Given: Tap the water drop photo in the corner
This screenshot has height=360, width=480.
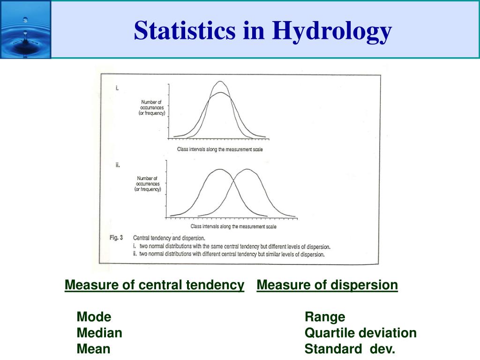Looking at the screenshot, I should (x=25, y=30).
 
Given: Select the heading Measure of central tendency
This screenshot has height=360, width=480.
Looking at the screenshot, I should (x=154, y=285).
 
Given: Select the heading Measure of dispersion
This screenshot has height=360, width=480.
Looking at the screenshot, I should (x=327, y=285).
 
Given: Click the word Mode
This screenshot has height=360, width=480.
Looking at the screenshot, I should (x=94, y=317).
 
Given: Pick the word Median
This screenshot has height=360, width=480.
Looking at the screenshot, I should (x=99, y=333).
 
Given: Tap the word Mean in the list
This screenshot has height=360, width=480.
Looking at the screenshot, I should (x=93, y=349).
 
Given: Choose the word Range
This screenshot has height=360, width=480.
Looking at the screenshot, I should (x=325, y=317).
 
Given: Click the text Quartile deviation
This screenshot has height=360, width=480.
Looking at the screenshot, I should (x=360, y=333).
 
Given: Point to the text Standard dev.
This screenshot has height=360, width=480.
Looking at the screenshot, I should (x=350, y=349).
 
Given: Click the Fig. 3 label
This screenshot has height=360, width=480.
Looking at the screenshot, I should (x=116, y=238).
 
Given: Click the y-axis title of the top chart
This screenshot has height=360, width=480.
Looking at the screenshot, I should (x=152, y=108).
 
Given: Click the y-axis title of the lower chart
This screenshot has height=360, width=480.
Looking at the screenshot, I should (x=148, y=184).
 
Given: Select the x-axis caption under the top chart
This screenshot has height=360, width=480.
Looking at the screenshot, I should (x=220, y=150).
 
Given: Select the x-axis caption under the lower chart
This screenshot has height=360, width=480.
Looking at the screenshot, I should (x=233, y=226).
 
